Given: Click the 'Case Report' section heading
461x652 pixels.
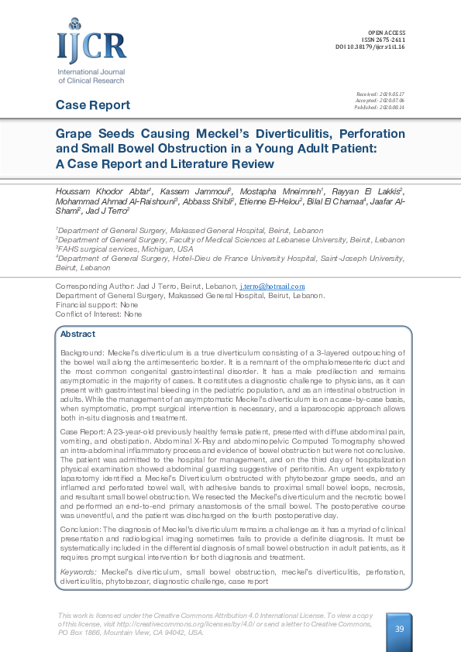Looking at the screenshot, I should tap(93, 105).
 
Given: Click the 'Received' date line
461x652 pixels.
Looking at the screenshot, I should tap(380, 94).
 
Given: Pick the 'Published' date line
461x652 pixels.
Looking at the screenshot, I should tap(380, 106).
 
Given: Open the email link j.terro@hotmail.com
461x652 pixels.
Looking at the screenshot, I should tap(266, 287).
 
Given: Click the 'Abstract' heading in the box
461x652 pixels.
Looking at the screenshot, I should tap(77, 335).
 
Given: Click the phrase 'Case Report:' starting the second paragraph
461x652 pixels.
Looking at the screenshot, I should tap(81, 429).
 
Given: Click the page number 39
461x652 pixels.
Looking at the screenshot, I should tap(400, 629).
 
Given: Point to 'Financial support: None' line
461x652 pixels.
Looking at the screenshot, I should tap(97, 305).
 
